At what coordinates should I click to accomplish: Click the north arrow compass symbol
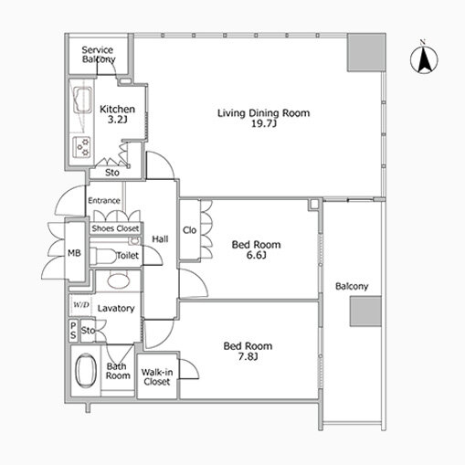tap(424, 58)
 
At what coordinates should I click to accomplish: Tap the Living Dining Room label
tap(264, 113)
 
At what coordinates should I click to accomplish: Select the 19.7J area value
tap(264, 123)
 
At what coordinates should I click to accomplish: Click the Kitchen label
tap(117, 109)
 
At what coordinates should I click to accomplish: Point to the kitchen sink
tap(82, 100)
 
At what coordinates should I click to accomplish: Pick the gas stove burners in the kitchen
tap(81, 147)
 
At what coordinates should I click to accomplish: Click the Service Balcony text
tap(99, 54)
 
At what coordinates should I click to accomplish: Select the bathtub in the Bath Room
tap(86, 370)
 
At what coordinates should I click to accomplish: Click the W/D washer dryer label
tap(81, 304)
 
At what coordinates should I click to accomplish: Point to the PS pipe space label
tap(73, 331)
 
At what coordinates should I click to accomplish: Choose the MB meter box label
tap(74, 253)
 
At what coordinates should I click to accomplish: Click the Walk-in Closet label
tap(157, 376)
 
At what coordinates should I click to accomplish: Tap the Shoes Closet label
tap(115, 228)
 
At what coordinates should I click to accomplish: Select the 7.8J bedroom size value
tap(248, 356)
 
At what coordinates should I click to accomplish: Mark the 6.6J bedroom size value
tap(256, 255)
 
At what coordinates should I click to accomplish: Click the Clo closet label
tap(189, 230)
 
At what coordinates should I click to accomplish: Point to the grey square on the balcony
tap(365, 312)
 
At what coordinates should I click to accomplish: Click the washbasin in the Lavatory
tap(118, 280)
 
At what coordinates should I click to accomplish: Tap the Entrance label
tap(104, 200)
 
